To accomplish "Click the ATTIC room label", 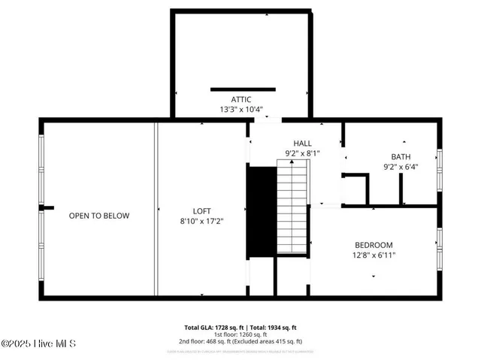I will [240, 99].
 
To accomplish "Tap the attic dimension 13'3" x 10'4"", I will [240, 110].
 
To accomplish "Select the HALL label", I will [302, 143].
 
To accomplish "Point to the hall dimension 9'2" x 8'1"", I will [302, 153].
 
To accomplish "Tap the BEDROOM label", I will [374, 245].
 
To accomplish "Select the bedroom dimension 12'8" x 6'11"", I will [374, 256].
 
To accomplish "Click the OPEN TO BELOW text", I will [99, 216].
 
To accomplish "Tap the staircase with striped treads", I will [292, 210].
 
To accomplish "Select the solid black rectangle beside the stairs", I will [262, 210].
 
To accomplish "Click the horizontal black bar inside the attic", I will [243, 89].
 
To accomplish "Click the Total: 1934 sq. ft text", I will [274, 328].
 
